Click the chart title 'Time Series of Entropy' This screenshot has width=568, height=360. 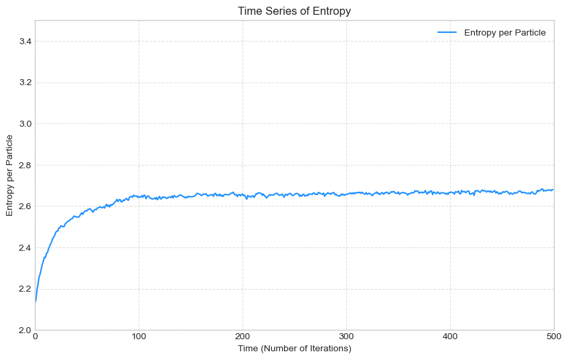point(294,11)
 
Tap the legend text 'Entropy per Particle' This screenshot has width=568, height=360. point(504,32)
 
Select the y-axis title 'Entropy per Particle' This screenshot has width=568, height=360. point(10,175)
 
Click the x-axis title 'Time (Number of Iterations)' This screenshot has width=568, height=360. point(294,349)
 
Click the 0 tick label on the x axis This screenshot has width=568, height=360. point(35,337)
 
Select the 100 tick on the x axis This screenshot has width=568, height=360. point(139,337)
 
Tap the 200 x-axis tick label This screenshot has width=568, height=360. point(242,337)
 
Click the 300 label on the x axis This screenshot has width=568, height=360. point(346,337)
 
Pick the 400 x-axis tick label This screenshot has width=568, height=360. point(450,337)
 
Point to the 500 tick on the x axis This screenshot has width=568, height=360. point(553,337)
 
